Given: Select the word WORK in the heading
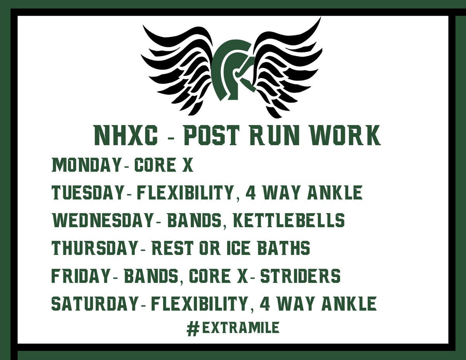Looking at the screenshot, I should click(344, 135).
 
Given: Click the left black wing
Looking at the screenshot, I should click(178, 66).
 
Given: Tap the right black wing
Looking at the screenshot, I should click(287, 66).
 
